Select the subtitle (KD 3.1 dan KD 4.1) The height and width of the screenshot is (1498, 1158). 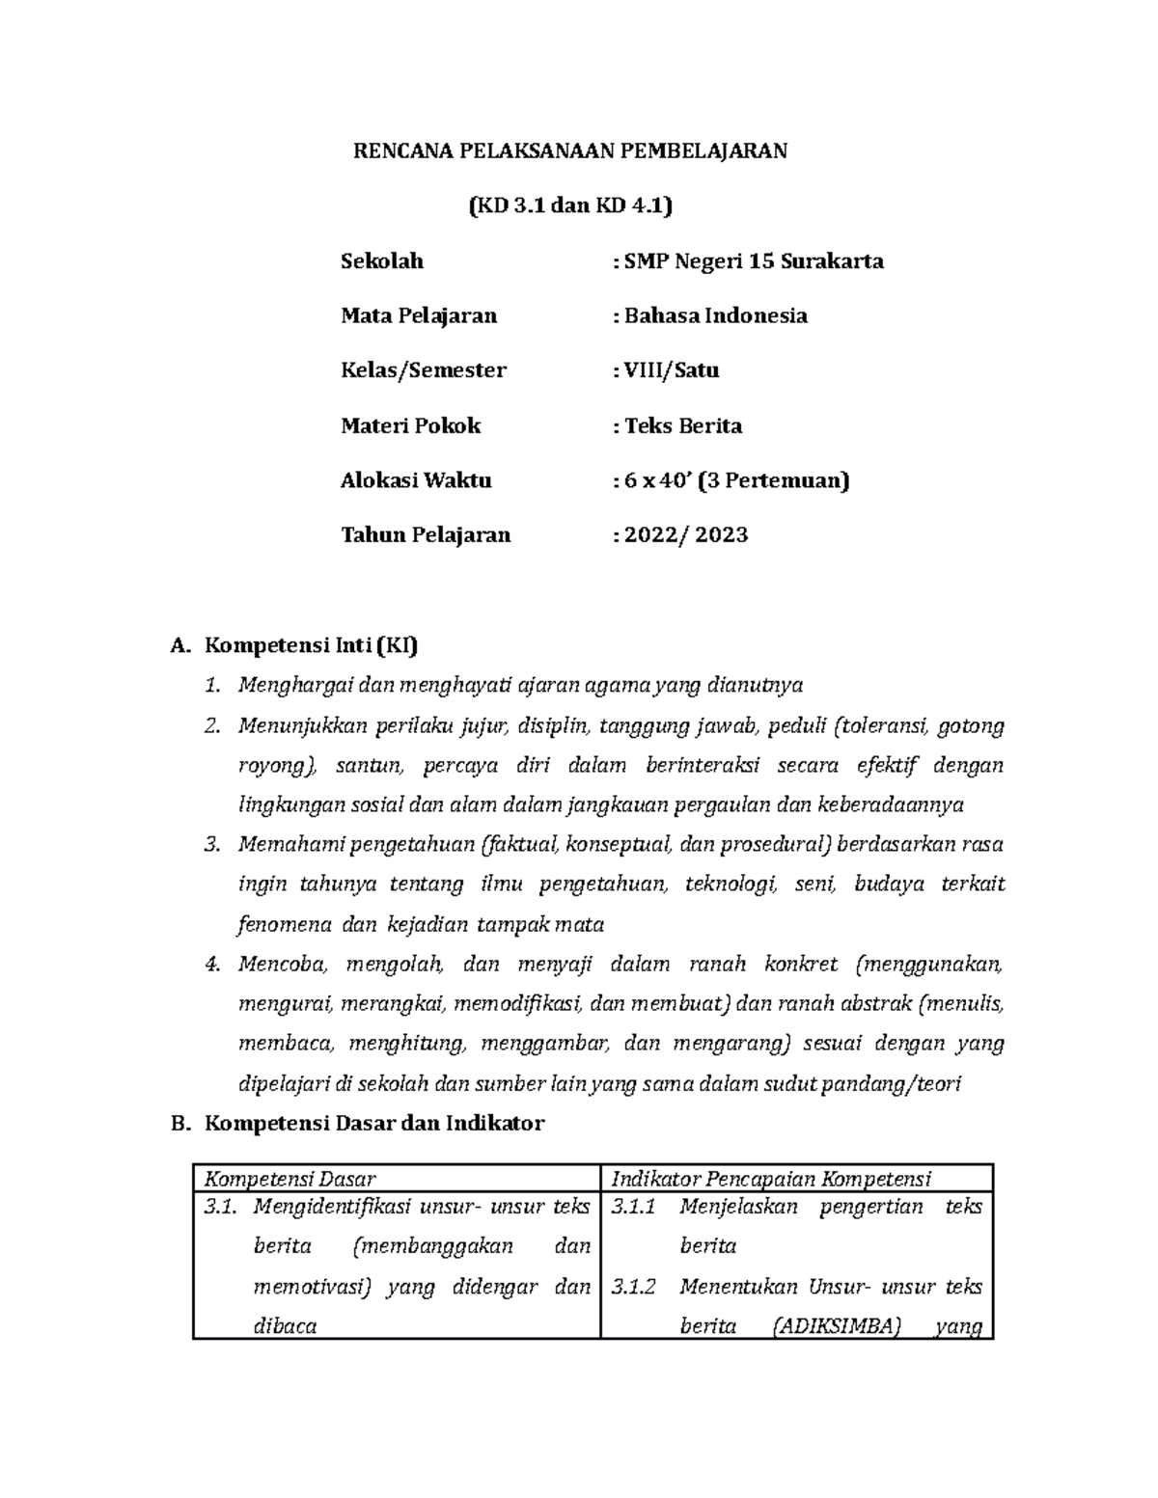569,205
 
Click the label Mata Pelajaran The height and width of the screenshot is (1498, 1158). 419,315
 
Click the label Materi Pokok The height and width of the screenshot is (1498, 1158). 410,425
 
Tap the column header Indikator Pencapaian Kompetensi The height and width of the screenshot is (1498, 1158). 771,1178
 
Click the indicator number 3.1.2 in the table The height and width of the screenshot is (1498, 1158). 634,1287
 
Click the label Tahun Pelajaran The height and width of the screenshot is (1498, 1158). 426,535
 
